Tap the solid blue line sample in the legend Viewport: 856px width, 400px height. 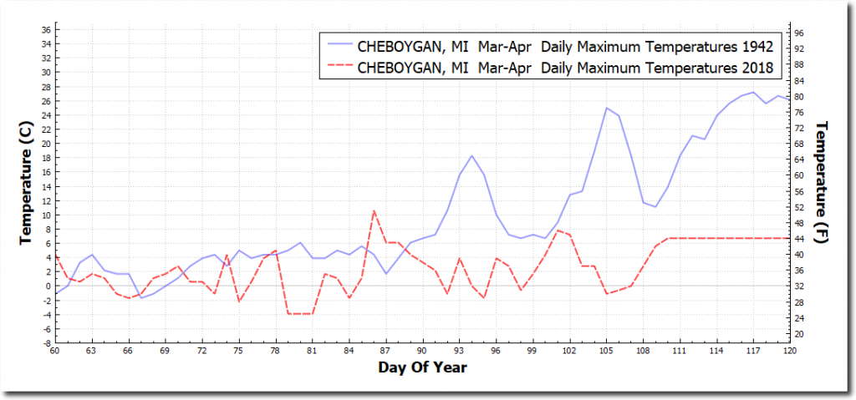click(341, 45)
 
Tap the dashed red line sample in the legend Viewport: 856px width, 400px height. click(341, 67)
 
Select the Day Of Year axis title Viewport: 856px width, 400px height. click(422, 367)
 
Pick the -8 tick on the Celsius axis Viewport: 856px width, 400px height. click(47, 342)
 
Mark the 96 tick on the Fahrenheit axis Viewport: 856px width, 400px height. click(798, 33)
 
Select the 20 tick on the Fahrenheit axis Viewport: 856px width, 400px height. click(798, 334)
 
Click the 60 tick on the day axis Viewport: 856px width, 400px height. click(54, 352)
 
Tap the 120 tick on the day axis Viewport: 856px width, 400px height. click(789, 352)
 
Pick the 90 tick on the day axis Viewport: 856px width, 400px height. click(422, 352)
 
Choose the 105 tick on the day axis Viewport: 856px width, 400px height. click(606, 352)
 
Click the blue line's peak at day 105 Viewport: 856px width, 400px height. click(606, 108)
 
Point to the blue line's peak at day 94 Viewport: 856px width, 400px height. click(471, 156)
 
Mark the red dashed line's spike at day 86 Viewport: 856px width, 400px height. click(374, 210)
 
